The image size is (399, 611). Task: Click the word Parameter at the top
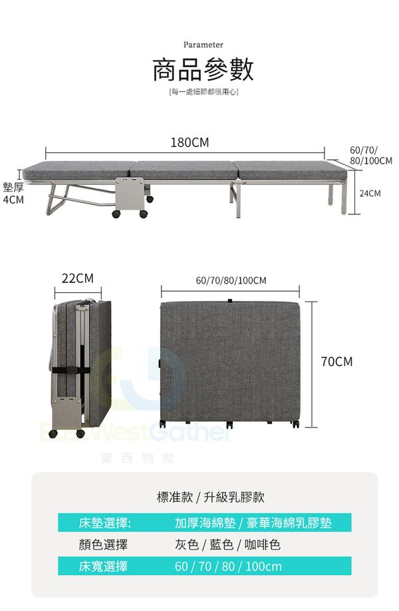pos(203,45)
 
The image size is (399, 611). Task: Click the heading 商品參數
pos(203,69)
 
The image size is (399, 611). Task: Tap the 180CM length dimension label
pos(190,142)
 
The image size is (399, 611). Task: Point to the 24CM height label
pos(370,193)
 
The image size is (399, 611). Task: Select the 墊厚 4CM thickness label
pos(13,193)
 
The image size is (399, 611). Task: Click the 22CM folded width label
pos(78,278)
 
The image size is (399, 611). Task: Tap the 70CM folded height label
pos(336,361)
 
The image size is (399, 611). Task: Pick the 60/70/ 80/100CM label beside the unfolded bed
pos(370,156)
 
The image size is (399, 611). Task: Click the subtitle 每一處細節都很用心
pos(203,91)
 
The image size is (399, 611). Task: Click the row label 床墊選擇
pos(104,522)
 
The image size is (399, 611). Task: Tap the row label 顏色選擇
pos(103,544)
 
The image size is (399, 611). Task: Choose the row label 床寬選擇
pos(103,566)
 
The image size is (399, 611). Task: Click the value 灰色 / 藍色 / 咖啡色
pos(223,544)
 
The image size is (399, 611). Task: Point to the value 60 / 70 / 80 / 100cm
pos(228,566)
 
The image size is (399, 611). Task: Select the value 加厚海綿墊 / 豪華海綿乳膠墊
pos(253,522)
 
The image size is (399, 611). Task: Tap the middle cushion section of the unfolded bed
pos(186,170)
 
